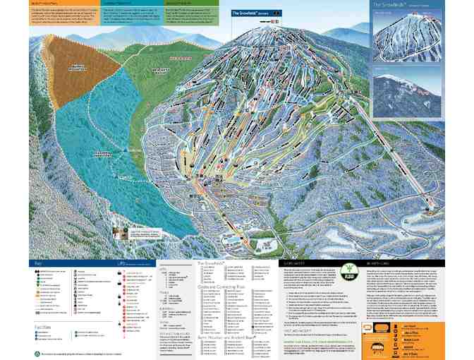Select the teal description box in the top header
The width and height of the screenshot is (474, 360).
coord(133,14)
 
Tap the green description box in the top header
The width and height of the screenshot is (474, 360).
coord(192,14)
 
